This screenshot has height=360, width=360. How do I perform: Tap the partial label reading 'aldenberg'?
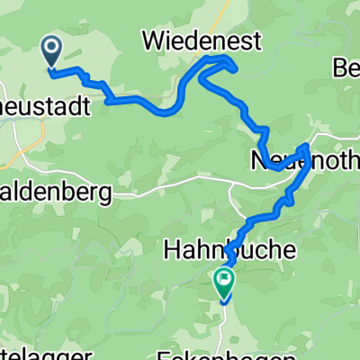pos(56,192)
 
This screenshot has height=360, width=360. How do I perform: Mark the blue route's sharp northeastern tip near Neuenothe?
pos(308,147)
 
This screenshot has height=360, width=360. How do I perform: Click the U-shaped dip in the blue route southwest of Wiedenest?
pos(166,111)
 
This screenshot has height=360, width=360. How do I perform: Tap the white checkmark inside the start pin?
pos(50,48)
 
